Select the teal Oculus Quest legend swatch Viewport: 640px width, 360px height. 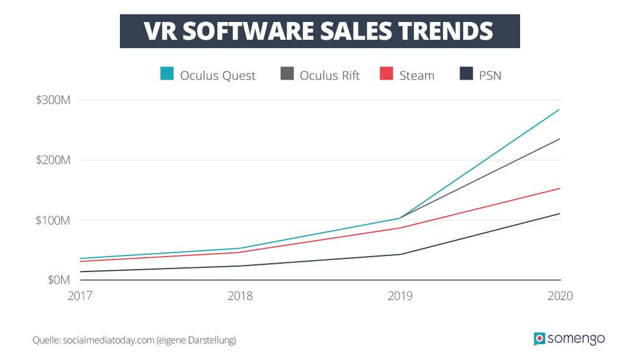tap(167, 74)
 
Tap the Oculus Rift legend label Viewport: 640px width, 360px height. tap(329, 75)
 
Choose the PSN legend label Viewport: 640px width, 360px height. tap(490, 75)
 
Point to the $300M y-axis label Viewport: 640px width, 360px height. tap(53, 100)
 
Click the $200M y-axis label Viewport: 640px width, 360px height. tap(53, 160)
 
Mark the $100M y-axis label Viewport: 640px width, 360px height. tap(53, 220)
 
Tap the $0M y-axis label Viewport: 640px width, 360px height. tap(58, 279)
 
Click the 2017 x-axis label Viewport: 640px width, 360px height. tap(80, 296)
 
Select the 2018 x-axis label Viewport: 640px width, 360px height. tap(240, 296)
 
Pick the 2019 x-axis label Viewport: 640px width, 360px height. tap(400, 296)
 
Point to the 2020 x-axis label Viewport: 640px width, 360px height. tap(560, 296)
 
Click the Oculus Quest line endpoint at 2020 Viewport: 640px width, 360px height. tap(560, 109)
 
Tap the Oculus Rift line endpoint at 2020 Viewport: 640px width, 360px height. tap(560, 138)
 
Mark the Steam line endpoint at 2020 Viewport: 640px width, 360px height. tap(560, 188)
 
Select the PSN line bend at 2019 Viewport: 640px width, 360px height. tap(400, 254)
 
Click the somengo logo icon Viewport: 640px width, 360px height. tap(539, 339)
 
